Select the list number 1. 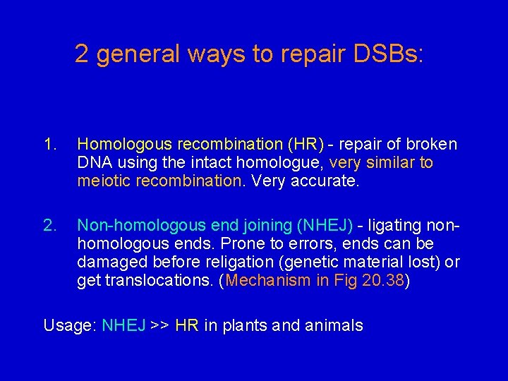(x=49, y=145)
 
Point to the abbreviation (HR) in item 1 (x=306, y=145)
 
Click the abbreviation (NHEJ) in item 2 (x=325, y=226)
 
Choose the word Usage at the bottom (x=69, y=326)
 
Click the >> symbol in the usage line (x=159, y=326)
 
